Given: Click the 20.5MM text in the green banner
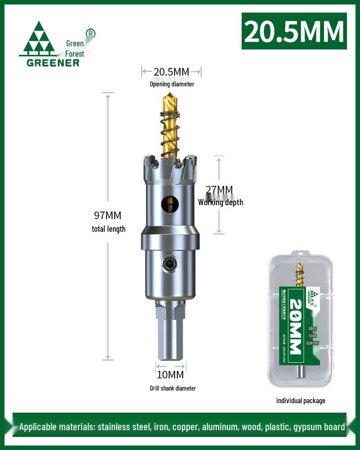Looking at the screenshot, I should [x=294, y=31].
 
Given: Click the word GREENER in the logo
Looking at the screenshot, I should [x=53, y=63].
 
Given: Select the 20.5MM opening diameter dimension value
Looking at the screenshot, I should [x=171, y=72].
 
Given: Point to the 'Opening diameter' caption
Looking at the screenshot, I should [x=172, y=84].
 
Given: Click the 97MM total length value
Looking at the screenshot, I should [x=108, y=216].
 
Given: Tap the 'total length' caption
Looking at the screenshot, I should [x=108, y=229].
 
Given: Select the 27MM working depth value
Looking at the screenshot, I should [x=219, y=190].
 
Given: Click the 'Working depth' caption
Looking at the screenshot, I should [x=220, y=202].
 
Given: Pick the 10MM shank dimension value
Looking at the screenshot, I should [x=170, y=374].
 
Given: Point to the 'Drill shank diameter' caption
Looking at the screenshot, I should [x=173, y=388].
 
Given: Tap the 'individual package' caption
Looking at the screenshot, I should [x=301, y=400].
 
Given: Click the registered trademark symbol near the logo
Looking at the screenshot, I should [x=90, y=33].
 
